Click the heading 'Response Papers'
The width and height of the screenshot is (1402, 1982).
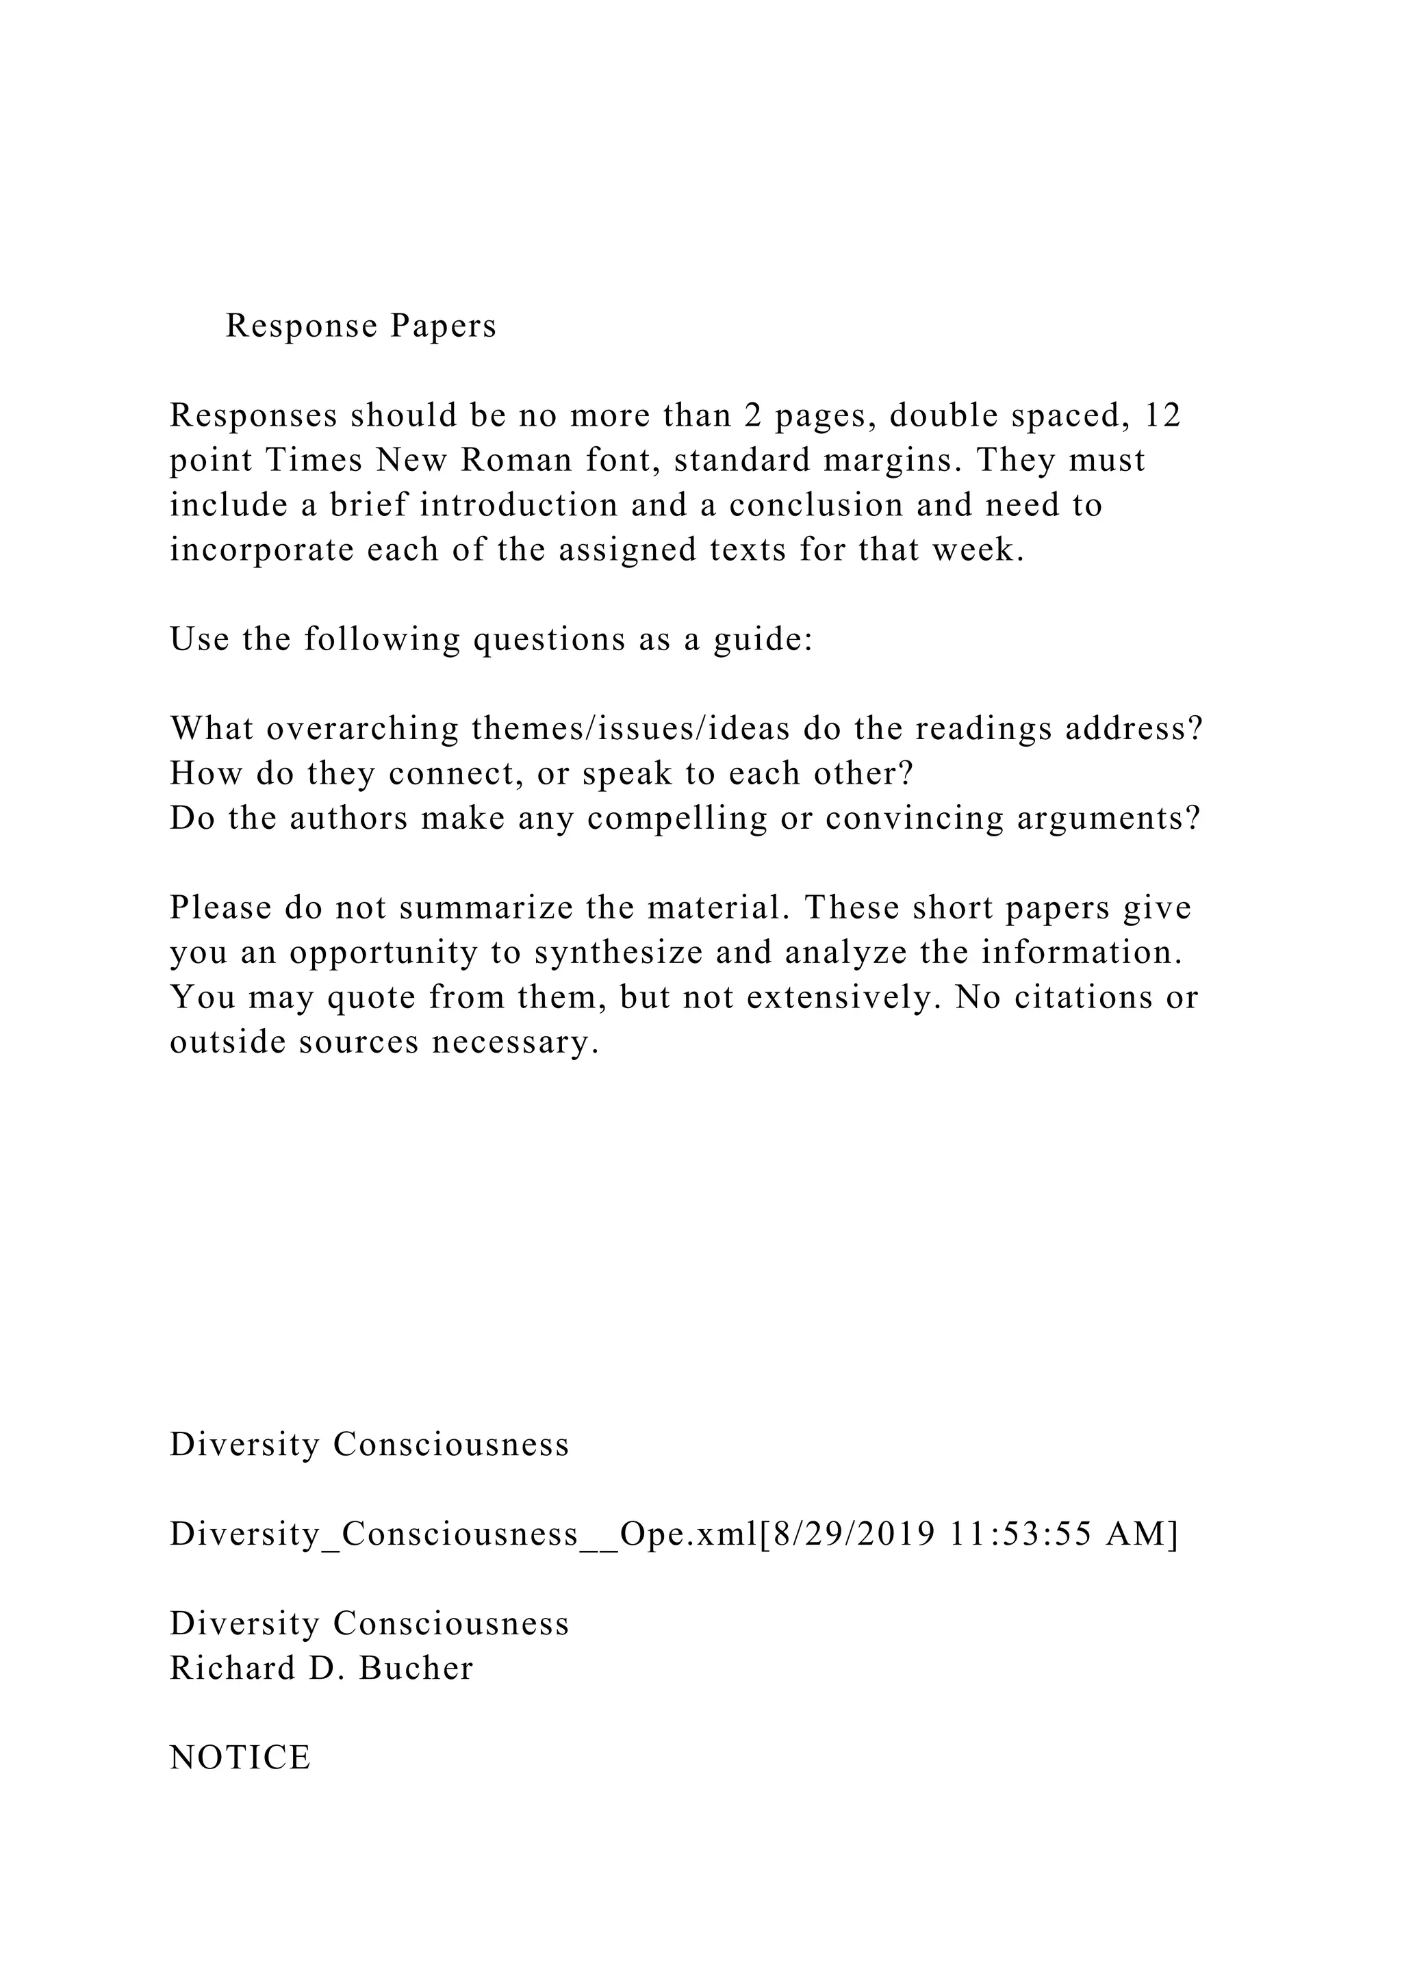point(361,326)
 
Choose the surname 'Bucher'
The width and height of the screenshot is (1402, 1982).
point(416,1669)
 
